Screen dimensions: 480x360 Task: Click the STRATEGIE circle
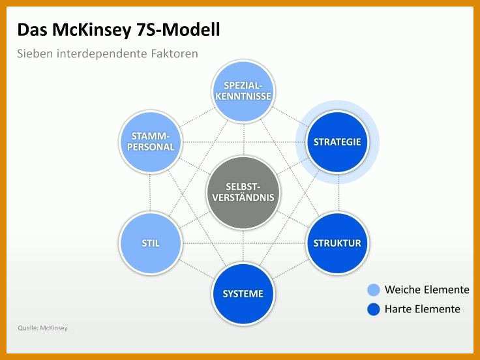(x=337, y=142)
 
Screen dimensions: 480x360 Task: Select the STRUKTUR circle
(x=337, y=243)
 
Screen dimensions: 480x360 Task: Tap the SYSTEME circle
(x=243, y=294)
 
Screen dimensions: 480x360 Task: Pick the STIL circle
(x=150, y=243)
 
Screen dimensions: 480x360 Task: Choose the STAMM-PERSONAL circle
(x=150, y=142)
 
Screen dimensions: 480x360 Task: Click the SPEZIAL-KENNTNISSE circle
(x=243, y=91)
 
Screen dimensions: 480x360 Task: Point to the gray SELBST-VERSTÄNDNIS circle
(x=243, y=192)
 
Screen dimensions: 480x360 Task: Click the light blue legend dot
(x=373, y=290)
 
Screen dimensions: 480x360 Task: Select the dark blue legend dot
(x=373, y=309)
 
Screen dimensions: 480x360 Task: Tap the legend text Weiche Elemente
(x=427, y=290)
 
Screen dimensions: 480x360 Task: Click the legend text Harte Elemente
(x=423, y=309)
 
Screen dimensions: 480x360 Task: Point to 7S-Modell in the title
(x=177, y=30)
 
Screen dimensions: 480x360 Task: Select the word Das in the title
(x=32, y=30)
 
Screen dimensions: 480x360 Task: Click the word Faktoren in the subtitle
(x=175, y=53)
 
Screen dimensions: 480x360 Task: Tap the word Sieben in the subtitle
(x=35, y=53)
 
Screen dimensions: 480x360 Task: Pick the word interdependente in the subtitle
(x=102, y=53)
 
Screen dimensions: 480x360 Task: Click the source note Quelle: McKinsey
(x=42, y=328)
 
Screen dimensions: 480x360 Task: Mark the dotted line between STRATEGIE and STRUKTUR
(x=338, y=192)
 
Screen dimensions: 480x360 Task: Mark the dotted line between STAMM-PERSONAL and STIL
(x=150, y=192)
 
